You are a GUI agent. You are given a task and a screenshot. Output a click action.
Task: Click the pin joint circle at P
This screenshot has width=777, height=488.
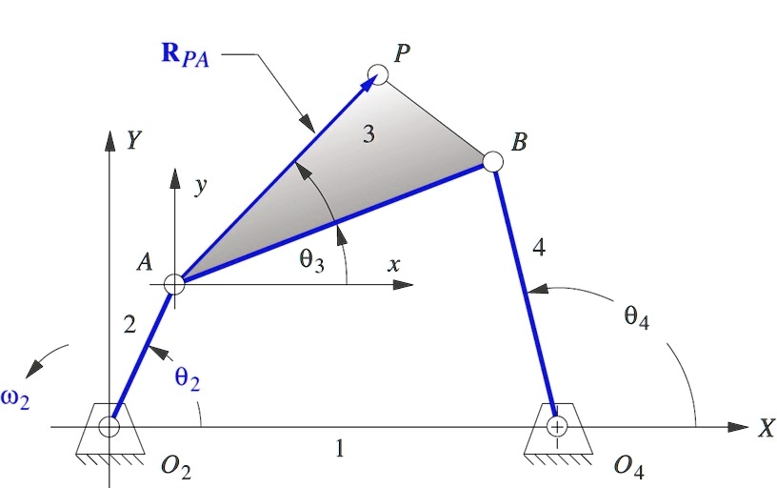tap(377, 73)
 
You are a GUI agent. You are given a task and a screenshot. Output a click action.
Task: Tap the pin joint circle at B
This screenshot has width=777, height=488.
tap(492, 161)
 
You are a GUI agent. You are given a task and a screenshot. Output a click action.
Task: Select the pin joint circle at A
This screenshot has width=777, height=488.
tap(174, 283)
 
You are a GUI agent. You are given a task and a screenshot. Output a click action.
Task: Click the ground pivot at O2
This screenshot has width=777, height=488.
tap(110, 426)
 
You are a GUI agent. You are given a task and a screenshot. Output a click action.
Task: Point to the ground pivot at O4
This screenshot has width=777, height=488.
tap(557, 426)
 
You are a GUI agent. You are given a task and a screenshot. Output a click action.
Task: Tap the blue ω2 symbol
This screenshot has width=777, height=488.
tap(15, 399)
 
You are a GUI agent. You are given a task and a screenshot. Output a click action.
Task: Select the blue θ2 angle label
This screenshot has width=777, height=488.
tap(188, 378)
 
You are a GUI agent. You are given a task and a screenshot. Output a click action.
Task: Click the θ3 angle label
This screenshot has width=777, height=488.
tap(312, 258)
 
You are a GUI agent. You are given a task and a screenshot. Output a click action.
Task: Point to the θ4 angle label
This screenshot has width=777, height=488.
tap(637, 319)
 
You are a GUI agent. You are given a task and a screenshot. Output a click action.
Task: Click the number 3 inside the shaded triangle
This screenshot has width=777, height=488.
tap(369, 135)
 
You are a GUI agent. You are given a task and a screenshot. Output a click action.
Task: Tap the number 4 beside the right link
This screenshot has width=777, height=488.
tap(539, 249)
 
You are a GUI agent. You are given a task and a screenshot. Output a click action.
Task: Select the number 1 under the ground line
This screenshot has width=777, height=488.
tap(339, 447)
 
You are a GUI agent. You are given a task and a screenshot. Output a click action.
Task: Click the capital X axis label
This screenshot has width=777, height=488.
tap(766, 429)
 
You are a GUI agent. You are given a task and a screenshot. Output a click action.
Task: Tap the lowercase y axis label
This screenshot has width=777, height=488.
tap(200, 187)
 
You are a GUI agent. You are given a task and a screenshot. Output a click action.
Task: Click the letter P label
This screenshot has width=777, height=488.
tap(403, 53)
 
